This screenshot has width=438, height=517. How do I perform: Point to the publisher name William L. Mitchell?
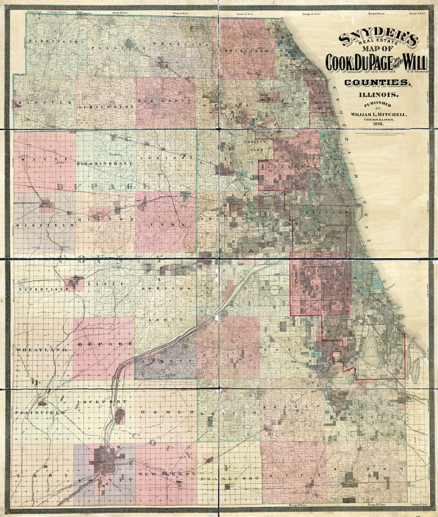378,114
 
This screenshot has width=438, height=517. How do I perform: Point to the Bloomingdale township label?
102,164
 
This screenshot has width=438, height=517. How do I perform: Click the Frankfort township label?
230,479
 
